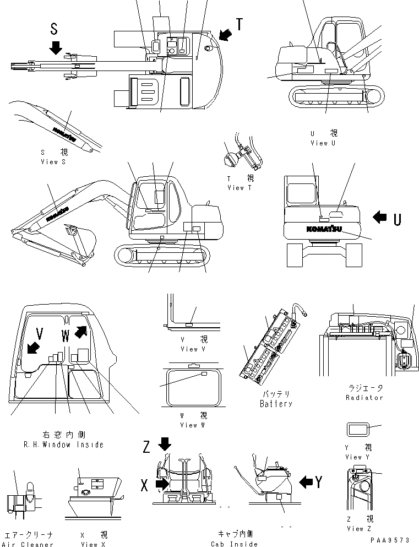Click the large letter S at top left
[x=53, y=29]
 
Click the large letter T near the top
[x=240, y=24]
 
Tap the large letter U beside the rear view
[x=398, y=219]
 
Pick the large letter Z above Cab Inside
[x=146, y=447]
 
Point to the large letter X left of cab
[x=145, y=485]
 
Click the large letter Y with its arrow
[x=319, y=483]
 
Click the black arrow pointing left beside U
[x=380, y=218]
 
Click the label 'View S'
[x=53, y=162]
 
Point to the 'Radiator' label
[x=364, y=397]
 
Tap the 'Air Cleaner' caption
[x=29, y=544]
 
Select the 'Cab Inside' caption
[x=234, y=544]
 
